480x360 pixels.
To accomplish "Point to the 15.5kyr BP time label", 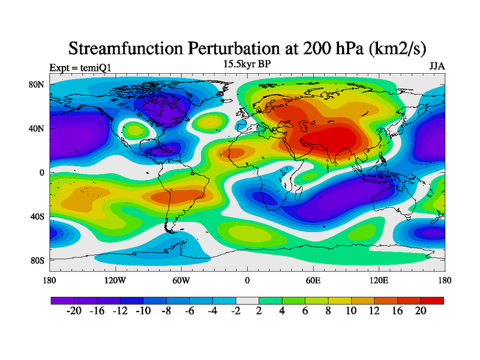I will pyautogui.click(x=247, y=63).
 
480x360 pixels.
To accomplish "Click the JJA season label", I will pyautogui.click(x=436, y=66).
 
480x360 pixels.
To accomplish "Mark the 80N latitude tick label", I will pyautogui.click(x=37, y=85).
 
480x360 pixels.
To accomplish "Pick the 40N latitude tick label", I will pyautogui.click(x=37, y=128).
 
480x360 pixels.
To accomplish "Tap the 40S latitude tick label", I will pyautogui.click(x=37, y=217).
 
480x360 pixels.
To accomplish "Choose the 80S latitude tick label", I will pyautogui.click(x=37, y=260).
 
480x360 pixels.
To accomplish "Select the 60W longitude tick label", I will pyautogui.click(x=181, y=280).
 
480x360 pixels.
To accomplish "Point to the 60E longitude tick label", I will pyautogui.click(x=313, y=280).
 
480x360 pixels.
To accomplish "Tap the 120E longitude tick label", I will pyautogui.click(x=379, y=280).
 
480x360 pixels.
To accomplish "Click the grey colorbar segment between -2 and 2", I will pyautogui.click(x=247, y=301).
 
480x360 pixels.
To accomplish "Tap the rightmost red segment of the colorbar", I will pyautogui.click(x=432, y=301).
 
